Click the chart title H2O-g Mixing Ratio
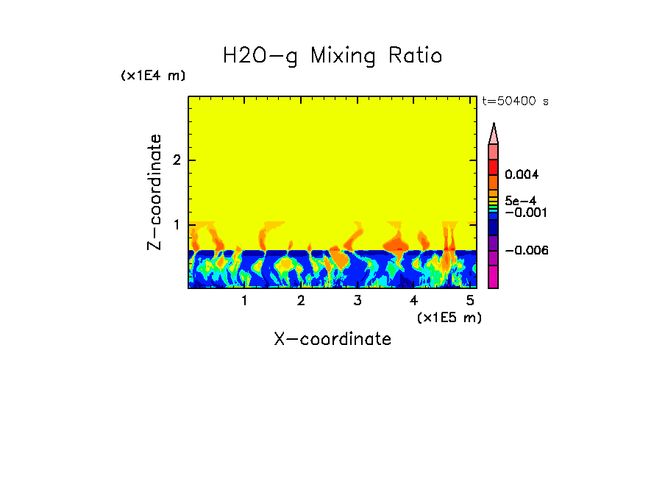click(x=332, y=56)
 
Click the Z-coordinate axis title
click(x=155, y=192)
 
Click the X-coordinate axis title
click(x=332, y=339)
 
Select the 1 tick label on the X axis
click(x=244, y=301)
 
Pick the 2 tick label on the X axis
click(x=301, y=301)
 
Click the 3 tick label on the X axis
click(x=358, y=301)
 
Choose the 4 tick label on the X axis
click(x=413, y=301)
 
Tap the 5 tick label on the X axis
click(x=470, y=301)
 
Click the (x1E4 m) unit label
click(x=153, y=76)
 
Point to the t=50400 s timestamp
click(x=515, y=101)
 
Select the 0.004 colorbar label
click(x=522, y=175)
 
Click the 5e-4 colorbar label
click(x=520, y=201)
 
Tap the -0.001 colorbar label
click(x=524, y=213)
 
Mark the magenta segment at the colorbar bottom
click(x=494, y=277)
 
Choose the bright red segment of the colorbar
click(x=494, y=167)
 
